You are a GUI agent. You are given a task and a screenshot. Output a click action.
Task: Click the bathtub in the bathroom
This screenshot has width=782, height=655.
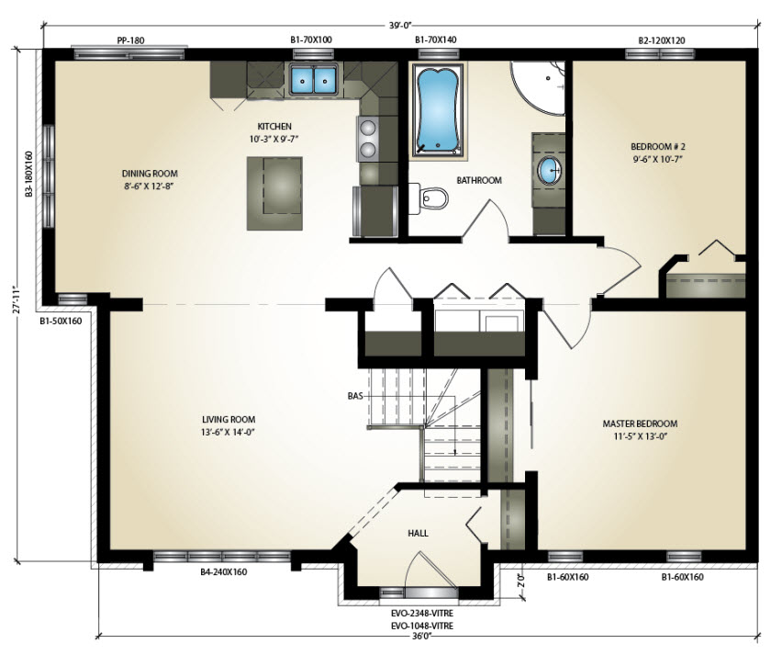pos(438,109)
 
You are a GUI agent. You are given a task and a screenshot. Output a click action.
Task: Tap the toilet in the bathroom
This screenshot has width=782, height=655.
pos(429,198)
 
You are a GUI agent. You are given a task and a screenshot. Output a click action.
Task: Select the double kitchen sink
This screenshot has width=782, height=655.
pos(313,79)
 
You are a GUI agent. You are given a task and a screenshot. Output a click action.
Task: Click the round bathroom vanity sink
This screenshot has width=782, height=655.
pos(549,171)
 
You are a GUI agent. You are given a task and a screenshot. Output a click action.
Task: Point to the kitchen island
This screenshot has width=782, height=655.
pos(274,193)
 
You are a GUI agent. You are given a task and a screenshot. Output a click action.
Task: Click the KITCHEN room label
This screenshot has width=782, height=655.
pos(274,126)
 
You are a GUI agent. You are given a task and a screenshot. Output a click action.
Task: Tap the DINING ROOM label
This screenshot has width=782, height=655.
pos(150,174)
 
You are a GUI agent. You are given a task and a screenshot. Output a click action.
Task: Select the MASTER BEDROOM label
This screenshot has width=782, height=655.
pos(640,423)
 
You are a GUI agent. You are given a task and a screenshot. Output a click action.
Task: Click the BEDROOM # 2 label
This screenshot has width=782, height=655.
pos(658,146)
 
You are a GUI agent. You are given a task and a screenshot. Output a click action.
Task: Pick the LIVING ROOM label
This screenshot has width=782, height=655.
pos(229,419)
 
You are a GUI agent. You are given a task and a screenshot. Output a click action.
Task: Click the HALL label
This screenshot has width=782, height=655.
pos(418,533)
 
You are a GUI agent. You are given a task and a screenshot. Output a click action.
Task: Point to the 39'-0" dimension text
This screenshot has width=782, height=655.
pos(399,26)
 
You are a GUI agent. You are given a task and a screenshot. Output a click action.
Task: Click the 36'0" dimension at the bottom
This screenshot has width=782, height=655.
pos(421,636)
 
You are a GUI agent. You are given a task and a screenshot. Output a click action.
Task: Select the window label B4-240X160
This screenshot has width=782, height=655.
pos(223,572)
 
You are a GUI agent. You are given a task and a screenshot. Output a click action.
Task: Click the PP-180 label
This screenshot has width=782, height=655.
pos(130,40)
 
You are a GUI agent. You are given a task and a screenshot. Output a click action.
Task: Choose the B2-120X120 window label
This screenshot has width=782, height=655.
pos(662,40)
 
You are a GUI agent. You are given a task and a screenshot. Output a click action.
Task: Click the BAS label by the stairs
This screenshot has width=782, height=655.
pos(354,396)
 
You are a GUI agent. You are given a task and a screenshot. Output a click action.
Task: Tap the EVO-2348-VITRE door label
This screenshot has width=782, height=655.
pos(422,613)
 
